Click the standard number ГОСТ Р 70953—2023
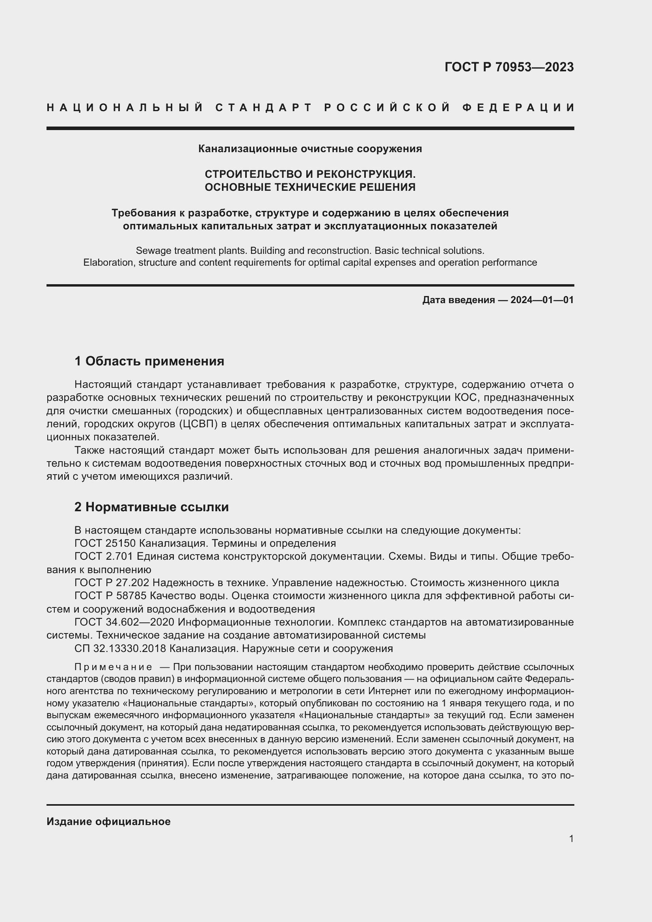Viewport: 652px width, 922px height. (509, 67)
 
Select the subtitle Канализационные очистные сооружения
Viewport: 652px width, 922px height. (310, 149)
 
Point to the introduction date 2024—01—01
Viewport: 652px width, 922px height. (542, 300)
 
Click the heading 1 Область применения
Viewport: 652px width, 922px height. (149, 361)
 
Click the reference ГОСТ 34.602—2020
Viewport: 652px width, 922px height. (124, 622)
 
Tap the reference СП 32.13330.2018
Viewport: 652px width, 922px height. (119, 648)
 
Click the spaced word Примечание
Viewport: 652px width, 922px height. (113, 667)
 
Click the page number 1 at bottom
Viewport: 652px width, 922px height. (571, 838)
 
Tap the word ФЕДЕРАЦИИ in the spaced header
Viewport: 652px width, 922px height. (518, 108)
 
